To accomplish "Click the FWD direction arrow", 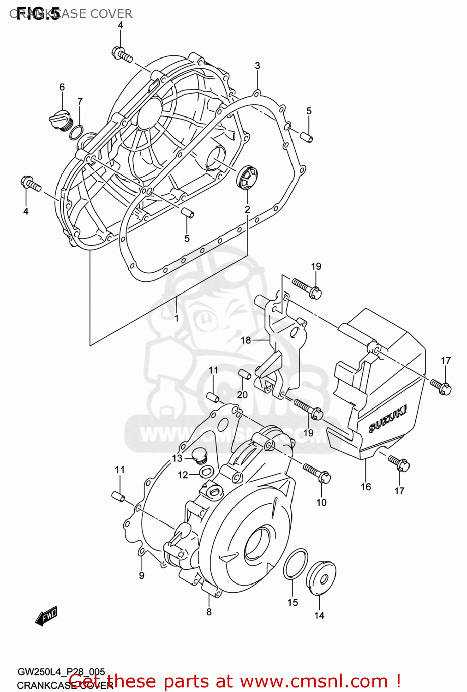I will (x=47, y=616).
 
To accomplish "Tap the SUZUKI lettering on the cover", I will (x=388, y=419).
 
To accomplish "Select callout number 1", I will (x=176, y=318).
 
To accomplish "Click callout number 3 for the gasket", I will (x=257, y=66).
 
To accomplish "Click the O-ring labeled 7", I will (x=77, y=133).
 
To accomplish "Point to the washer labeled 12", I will (x=206, y=471).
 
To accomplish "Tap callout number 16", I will (x=365, y=487).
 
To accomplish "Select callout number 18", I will (x=245, y=340).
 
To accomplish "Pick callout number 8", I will (x=209, y=612).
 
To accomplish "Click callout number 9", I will (x=142, y=575).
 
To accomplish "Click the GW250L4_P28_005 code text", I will (x=61, y=672).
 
